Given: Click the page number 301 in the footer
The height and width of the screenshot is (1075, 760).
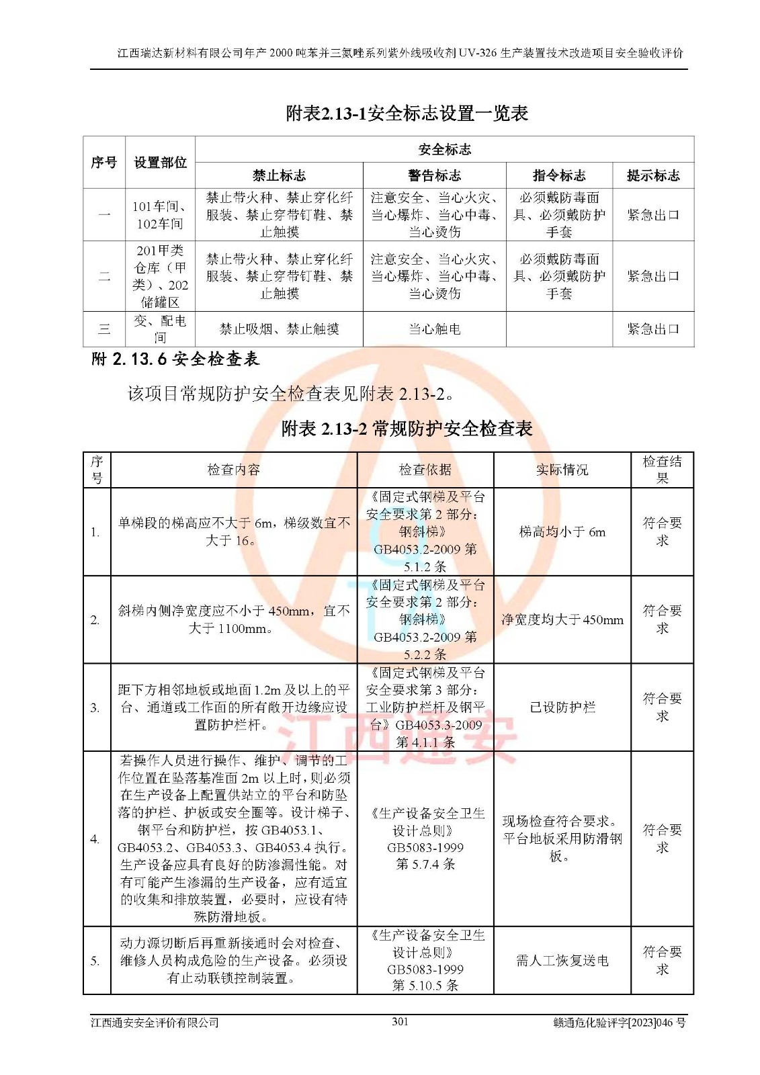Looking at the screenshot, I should click(400, 1021).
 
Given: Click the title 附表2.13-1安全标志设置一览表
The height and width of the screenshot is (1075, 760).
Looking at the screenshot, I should click(407, 114).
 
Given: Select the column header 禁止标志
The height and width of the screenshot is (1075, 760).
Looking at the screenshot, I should click(279, 175).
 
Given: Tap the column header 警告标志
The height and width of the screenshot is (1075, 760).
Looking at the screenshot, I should click(434, 175).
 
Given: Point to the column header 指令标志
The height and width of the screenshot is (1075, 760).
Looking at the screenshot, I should click(559, 175).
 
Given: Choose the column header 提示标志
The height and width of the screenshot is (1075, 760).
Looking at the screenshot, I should click(653, 175).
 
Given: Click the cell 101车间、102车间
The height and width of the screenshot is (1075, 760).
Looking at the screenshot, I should click(160, 215).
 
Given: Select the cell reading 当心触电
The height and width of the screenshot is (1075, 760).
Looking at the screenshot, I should click(434, 329).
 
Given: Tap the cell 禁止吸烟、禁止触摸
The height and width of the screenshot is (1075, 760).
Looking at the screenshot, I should click(279, 329).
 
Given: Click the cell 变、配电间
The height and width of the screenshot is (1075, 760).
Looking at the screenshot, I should click(160, 329).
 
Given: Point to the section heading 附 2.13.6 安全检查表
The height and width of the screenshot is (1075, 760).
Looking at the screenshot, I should click(175, 359).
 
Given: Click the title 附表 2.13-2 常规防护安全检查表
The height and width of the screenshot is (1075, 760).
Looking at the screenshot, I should click(407, 429).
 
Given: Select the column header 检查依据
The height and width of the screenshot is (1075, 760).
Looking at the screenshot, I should click(425, 470).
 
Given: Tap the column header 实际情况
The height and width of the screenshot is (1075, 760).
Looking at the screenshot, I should click(562, 470).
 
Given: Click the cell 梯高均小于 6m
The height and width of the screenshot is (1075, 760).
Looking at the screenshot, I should click(562, 532).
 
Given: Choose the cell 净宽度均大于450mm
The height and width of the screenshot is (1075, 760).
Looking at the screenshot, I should click(562, 619).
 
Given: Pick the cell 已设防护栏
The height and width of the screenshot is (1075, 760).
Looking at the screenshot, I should click(562, 707).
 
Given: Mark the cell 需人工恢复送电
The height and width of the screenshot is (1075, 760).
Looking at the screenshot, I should click(562, 961).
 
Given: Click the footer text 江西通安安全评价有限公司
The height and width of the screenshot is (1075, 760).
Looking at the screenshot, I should click(155, 1022).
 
